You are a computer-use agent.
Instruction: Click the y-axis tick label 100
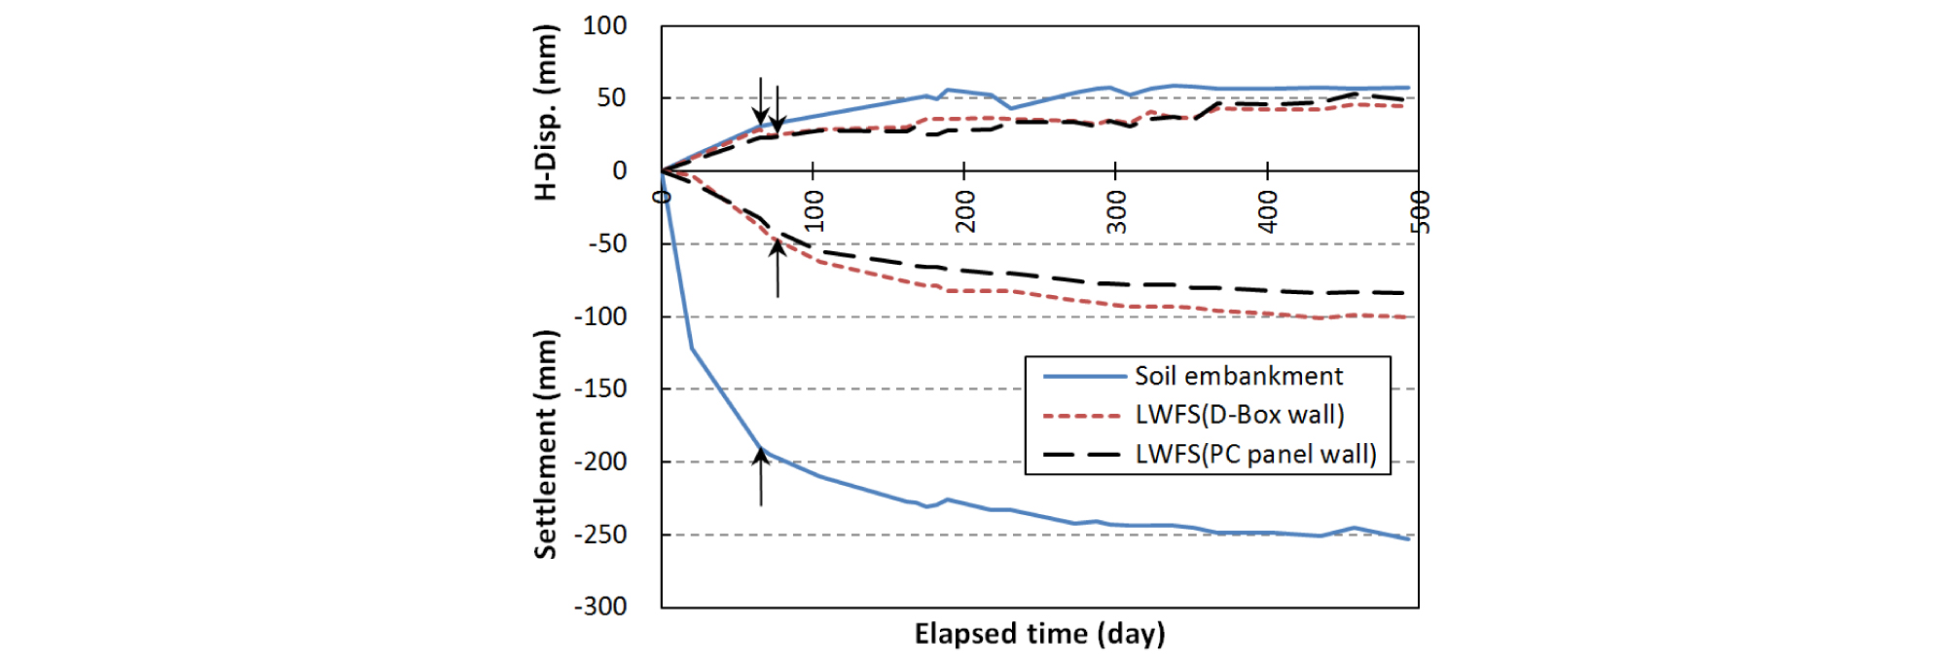pos(604,26)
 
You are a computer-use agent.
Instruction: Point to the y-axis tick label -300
pos(599,607)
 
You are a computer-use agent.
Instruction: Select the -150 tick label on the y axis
pos(599,388)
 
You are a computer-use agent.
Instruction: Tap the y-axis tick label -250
pos(599,535)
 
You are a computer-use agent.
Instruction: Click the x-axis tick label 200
pos(965,211)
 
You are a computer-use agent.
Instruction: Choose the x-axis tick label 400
pos(1268,211)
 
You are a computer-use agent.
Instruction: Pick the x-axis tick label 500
pos(1420,211)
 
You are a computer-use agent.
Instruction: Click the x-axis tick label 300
pos(1117,211)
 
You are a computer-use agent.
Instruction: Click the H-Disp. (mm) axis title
pos(547,113)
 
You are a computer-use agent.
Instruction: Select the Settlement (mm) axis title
pos(547,444)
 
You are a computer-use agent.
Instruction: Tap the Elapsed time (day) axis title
pos(1039,635)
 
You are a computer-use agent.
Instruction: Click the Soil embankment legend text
pos(1238,377)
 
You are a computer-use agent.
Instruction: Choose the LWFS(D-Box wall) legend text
pos(1239,416)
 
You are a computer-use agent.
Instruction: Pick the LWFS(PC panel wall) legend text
pos(1255,455)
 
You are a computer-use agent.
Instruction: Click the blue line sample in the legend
pos(1082,377)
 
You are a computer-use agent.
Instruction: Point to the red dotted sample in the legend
pos(1082,416)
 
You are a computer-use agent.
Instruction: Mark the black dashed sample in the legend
pos(1082,455)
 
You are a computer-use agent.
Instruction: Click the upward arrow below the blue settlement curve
pos(761,477)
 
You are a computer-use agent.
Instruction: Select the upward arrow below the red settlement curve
pos(777,268)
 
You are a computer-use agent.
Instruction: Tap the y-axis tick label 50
pos(611,98)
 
